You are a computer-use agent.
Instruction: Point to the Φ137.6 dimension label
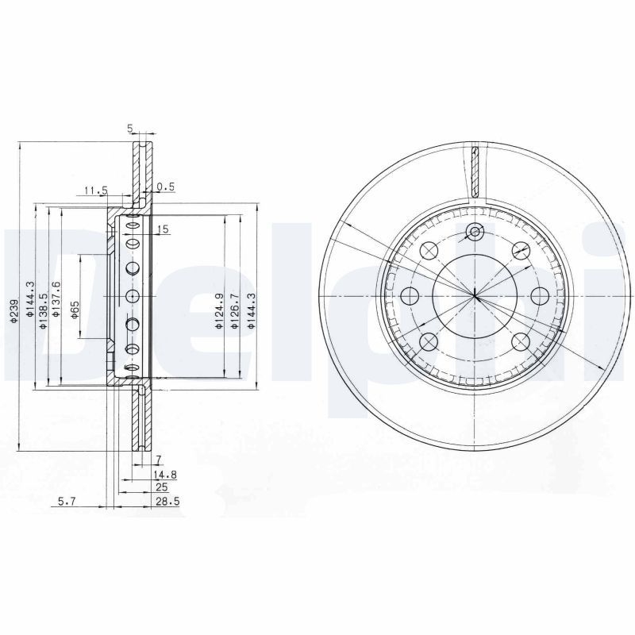[x=56, y=301]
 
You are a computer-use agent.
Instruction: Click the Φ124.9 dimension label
[x=218, y=311]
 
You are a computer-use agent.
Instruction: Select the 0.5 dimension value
[x=165, y=187]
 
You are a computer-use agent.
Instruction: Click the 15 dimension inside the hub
[x=163, y=229]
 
